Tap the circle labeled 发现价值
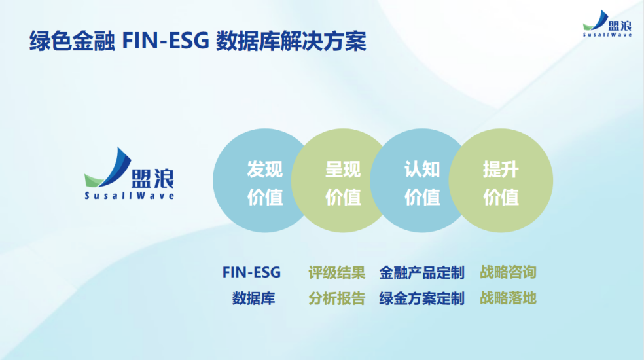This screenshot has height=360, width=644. pyautogui.click(x=257, y=183)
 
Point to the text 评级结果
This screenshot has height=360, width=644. pyautogui.click(x=336, y=273)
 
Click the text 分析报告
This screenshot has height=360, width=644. pyautogui.click(x=336, y=298)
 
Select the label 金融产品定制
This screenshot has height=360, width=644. pyautogui.click(x=421, y=273)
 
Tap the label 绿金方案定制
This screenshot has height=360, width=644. pyautogui.click(x=421, y=298)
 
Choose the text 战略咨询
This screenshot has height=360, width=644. pyautogui.click(x=508, y=273)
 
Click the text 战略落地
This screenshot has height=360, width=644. pyautogui.click(x=508, y=298)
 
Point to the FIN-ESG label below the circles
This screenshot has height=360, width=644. pyautogui.click(x=251, y=273)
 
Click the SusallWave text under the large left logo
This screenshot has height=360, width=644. pyautogui.click(x=130, y=196)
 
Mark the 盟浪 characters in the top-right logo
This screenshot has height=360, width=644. pyautogui.click(x=619, y=24)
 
